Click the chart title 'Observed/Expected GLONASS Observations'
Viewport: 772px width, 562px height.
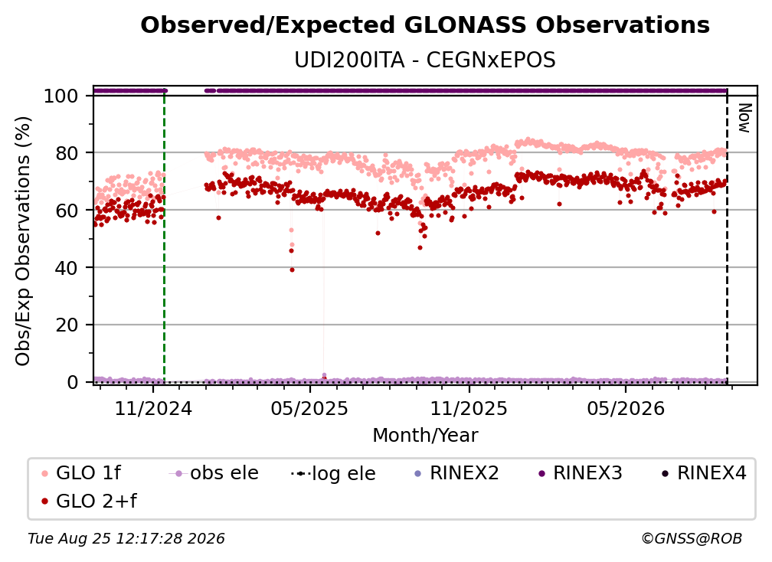coord(425,25)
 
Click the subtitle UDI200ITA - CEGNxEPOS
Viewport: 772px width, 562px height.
coord(425,60)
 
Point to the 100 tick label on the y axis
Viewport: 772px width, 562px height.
coord(61,96)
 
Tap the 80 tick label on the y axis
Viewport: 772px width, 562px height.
coord(67,154)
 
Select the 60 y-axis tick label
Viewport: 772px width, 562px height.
coord(67,211)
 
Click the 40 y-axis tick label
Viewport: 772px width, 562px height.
coord(67,268)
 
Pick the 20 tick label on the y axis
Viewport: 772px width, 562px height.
coord(67,325)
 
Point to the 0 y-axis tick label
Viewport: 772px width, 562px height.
coord(72,382)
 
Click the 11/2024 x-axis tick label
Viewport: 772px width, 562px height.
coord(153,409)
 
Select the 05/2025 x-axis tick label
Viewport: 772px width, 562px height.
coord(309,409)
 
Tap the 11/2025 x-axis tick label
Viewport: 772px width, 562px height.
coord(469,409)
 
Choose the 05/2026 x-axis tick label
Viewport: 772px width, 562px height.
coord(626,409)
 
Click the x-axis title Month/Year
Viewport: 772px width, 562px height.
coord(425,436)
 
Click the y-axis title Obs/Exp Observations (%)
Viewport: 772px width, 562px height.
coord(23,241)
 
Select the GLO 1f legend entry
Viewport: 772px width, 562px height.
coord(80,473)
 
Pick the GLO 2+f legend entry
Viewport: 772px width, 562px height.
coord(89,501)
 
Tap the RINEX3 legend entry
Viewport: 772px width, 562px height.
coord(581,473)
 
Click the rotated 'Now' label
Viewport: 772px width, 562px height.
coord(745,118)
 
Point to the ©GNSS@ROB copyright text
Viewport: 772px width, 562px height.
coord(692,539)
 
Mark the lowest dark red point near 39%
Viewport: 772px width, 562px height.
coord(292,270)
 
